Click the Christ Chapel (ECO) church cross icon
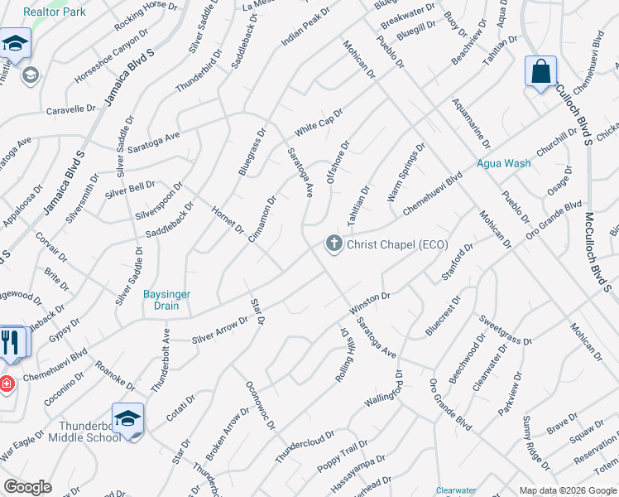pos(333,244)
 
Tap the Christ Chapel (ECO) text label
pos(396,244)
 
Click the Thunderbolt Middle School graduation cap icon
pos(128,418)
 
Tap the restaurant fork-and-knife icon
pos(11,342)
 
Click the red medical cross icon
pos(6,384)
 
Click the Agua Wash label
pos(503,163)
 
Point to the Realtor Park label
pos(55,12)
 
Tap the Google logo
pos(27,487)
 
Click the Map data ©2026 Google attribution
pos(568,490)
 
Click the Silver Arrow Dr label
pos(219,329)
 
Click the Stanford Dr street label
pos(458,263)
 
